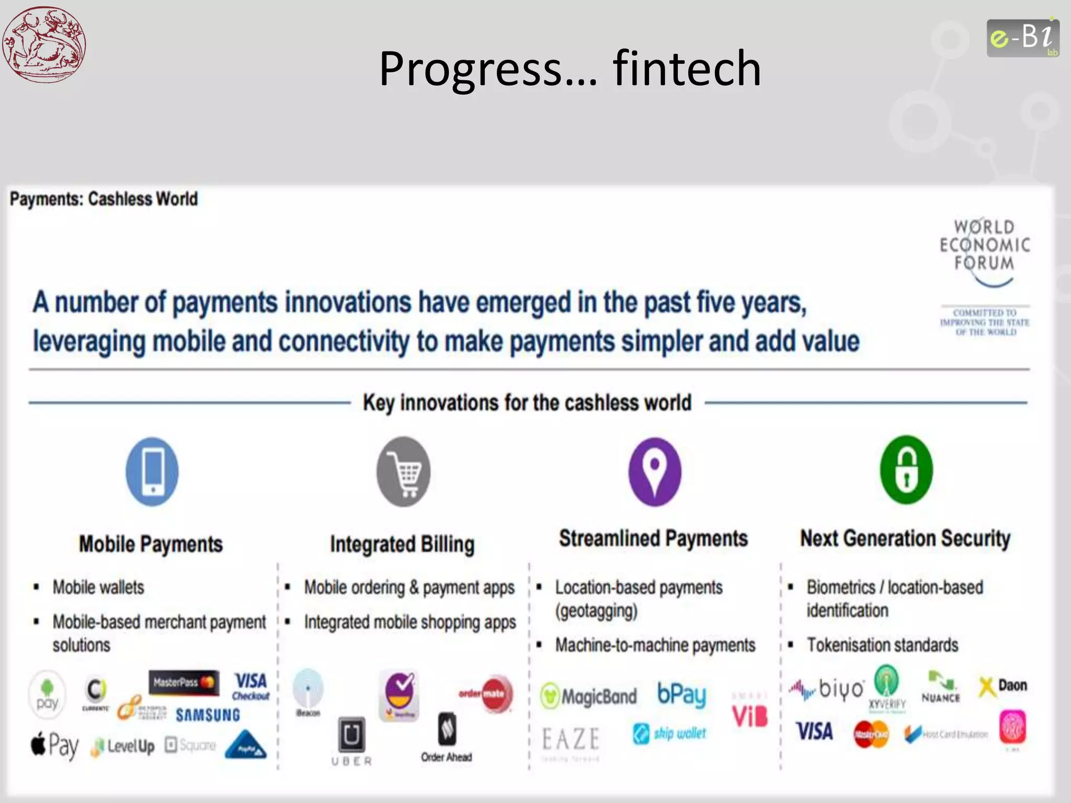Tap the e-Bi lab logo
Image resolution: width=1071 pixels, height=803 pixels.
point(1022,38)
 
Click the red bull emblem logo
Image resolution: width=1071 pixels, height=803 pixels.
point(44,44)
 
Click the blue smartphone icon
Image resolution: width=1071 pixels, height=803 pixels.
point(152,472)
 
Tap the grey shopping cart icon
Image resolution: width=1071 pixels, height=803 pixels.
point(403,472)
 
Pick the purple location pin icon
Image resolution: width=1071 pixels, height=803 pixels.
point(654,472)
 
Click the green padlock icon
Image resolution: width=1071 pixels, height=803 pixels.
point(906,469)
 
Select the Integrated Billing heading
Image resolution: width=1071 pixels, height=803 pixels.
point(402,544)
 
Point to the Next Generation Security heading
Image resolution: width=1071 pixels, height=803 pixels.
point(905,538)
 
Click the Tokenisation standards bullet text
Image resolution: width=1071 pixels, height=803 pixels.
point(882,645)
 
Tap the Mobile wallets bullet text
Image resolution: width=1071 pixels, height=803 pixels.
point(98,587)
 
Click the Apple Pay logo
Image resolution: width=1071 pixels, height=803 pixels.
point(55,744)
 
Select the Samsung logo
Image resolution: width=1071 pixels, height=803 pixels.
point(208,715)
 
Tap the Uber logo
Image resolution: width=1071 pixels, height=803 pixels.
point(351,741)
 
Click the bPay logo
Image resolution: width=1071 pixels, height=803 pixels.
point(681,694)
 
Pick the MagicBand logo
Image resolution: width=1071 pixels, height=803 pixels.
point(589,696)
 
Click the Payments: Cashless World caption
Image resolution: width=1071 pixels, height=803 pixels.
point(104,199)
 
